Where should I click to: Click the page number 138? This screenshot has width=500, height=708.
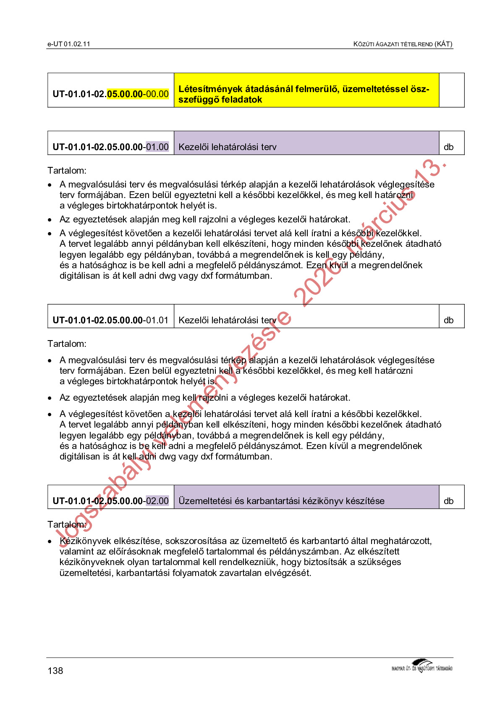click(x=55, y=671)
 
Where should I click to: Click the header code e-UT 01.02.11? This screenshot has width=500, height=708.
click(x=69, y=44)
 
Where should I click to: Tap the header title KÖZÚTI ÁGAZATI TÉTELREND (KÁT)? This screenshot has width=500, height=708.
click(x=403, y=44)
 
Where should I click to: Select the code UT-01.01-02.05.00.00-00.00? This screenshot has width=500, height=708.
click(x=110, y=94)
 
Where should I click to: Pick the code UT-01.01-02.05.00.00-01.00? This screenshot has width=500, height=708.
click(x=110, y=147)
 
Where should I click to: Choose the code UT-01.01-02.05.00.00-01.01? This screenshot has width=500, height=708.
click(x=110, y=320)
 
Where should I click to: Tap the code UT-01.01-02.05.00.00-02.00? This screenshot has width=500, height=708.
click(x=110, y=501)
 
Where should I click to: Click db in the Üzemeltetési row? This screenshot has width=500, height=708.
click(x=449, y=501)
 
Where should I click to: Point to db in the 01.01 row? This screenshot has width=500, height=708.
click(x=449, y=320)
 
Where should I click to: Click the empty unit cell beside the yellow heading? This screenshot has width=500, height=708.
click(x=451, y=90)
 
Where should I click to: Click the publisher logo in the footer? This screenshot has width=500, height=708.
click(x=422, y=666)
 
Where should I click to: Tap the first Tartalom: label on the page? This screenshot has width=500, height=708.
click(x=67, y=171)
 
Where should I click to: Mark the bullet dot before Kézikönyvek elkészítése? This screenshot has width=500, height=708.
click(x=50, y=542)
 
